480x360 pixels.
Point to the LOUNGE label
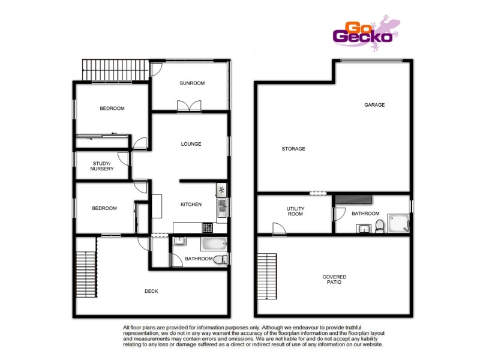(x=191, y=144)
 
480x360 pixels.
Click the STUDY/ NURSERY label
(x=102, y=166)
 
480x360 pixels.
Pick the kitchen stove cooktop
(x=207, y=227)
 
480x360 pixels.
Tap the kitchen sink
(x=221, y=208)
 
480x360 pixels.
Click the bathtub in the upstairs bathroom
(x=213, y=244)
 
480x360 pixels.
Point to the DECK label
(x=151, y=292)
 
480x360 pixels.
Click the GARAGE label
(x=374, y=105)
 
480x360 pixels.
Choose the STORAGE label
(x=294, y=149)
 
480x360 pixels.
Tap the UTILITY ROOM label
(x=295, y=211)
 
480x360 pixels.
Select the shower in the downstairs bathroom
(x=398, y=222)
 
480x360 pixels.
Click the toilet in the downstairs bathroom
(x=379, y=226)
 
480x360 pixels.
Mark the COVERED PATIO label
(x=334, y=279)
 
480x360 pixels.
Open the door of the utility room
(x=278, y=229)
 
